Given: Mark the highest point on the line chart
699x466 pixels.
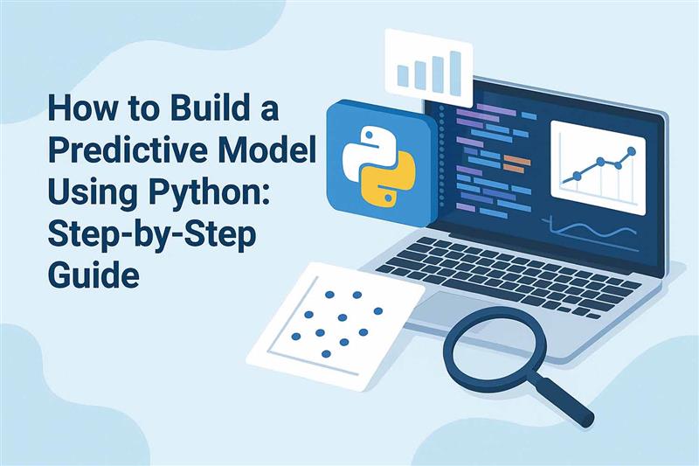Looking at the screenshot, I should point(631,150).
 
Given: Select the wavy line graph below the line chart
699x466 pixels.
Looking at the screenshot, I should point(594,229).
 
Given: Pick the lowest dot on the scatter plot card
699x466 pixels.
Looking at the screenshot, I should point(325,354).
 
